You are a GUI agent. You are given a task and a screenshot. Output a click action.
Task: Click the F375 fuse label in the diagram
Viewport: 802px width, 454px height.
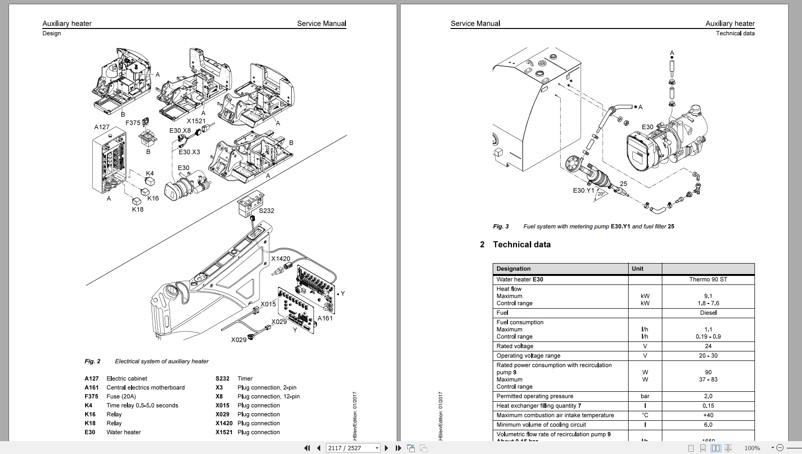(133, 123)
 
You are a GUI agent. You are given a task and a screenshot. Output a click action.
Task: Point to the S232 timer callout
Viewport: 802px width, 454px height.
(266, 210)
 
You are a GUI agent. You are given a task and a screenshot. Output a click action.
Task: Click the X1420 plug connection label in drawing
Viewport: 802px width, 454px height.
(280, 258)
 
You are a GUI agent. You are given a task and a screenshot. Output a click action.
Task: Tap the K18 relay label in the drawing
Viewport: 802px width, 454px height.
(137, 209)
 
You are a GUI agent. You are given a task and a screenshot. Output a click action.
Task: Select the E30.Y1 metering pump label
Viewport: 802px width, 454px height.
(583, 190)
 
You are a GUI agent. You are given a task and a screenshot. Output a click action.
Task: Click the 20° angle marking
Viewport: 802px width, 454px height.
(600, 194)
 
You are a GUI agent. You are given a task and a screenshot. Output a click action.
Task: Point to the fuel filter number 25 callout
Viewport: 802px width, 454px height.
(623, 183)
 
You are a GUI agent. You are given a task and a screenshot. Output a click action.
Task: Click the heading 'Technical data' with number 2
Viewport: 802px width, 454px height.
(521, 245)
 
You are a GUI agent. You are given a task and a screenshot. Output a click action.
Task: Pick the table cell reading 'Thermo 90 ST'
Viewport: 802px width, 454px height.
(708, 279)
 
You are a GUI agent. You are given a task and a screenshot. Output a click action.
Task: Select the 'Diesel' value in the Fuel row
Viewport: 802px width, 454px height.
(708, 312)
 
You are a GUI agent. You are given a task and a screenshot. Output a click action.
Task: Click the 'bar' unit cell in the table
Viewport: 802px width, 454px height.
(645, 396)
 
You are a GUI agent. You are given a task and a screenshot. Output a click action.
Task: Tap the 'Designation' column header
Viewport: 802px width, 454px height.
(513, 268)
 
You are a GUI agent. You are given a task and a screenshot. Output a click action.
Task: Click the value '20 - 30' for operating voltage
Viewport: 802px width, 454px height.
(708, 355)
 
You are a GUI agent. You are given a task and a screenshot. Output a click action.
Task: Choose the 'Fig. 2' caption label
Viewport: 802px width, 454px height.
(93, 361)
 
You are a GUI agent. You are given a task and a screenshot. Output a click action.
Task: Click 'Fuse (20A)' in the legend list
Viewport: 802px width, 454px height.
(121, 397)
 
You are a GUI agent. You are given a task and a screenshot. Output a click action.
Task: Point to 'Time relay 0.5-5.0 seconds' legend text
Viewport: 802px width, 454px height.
(142, 406)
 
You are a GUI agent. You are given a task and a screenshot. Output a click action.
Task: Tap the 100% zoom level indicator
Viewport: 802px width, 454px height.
(752, 448)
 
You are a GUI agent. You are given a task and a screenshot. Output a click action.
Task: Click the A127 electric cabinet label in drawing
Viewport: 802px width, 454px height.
(102, 127)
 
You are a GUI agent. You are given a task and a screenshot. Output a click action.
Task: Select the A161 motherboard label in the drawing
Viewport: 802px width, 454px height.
(325, 318)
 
